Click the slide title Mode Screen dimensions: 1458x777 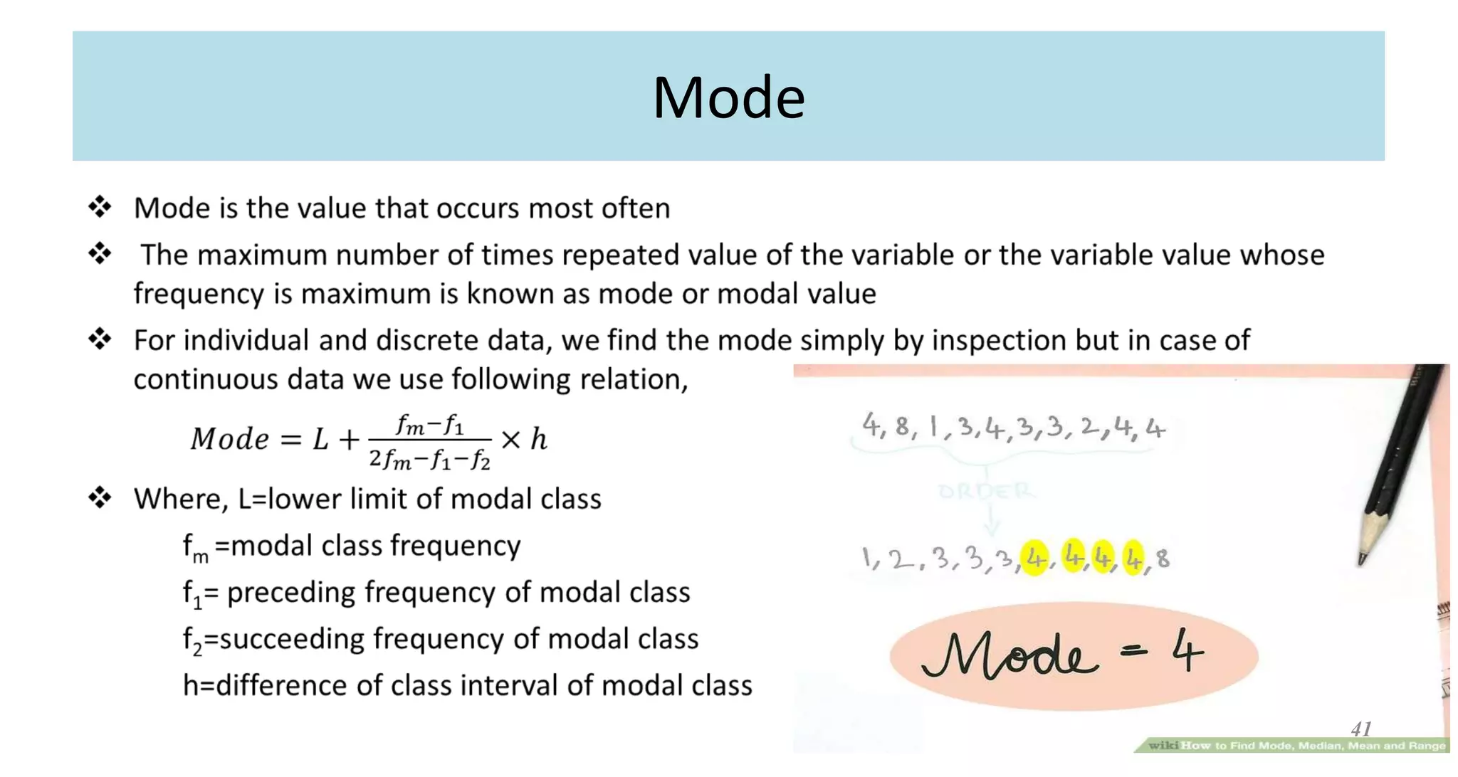point(728,97)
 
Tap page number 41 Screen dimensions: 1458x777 point(1361,729)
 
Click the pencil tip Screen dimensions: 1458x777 point(1362,561)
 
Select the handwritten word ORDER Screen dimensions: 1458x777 point(985,491)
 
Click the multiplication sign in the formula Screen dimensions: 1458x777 point(510,440)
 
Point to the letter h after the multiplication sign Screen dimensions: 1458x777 point(539,439)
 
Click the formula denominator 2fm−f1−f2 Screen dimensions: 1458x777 point(430,460)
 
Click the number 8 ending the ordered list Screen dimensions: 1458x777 point(1163,559)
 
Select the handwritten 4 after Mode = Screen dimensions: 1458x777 point(1187,653)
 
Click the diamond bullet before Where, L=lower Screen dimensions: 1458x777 point(100,497)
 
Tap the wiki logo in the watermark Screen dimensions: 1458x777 point(1163,745)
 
